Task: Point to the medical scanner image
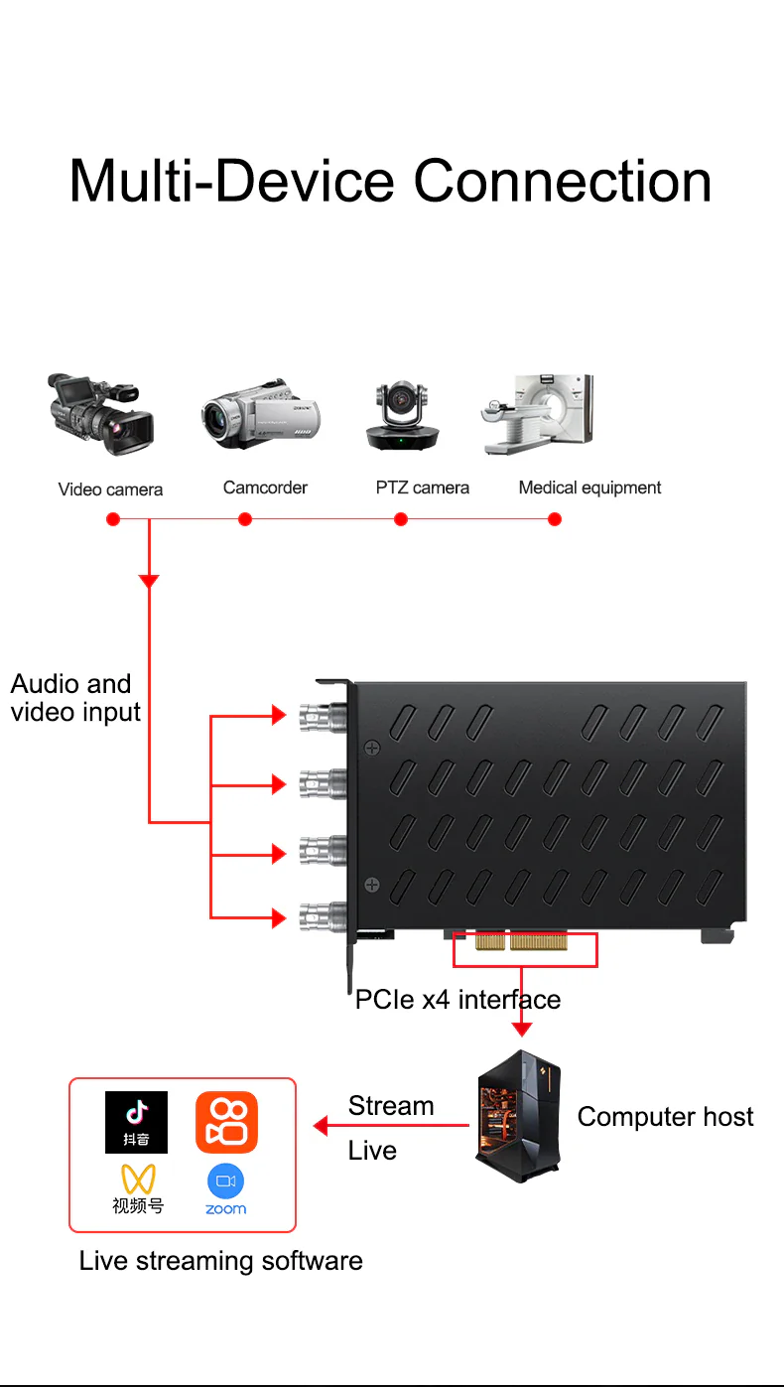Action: [538, 415]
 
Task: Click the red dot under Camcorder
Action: [245, 519]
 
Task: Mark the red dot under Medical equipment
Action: [555, 519]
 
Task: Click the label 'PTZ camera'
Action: [422, 487]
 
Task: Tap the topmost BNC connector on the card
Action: [323, 714]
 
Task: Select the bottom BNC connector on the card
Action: [323, 915]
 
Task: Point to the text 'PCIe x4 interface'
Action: [457, 999]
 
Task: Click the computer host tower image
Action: [518, 1116]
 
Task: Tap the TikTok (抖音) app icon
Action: [136, 1122]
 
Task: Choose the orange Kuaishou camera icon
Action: [226, 1122]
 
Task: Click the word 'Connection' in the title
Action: [562, 181]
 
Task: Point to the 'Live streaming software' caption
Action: [220, 1261]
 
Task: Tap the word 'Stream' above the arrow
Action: [391, 1106]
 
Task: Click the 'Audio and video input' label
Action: [75, 698]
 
